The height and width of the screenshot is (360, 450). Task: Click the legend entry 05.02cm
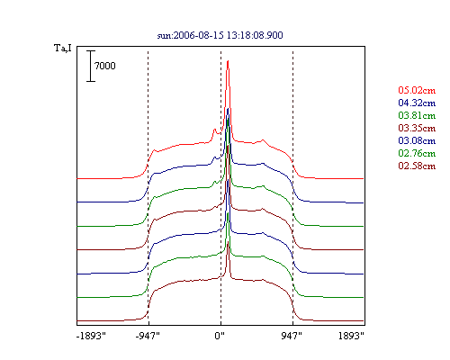(417, 90)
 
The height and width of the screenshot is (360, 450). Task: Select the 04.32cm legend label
(417, 103)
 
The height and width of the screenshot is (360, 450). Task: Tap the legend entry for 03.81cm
(417, 115)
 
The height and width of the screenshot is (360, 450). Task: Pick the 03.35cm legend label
(417, 128)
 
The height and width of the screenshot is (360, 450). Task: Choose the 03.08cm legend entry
(417, 140)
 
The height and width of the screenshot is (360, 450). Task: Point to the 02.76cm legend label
(417, 153)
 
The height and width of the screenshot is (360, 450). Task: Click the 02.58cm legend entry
(417, 166)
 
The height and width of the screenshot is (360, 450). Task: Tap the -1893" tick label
(91, 336)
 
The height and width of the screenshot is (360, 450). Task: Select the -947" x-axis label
(148, 336)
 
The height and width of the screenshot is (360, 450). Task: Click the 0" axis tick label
(220, 336)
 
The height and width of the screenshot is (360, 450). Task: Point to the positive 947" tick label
(292, 336)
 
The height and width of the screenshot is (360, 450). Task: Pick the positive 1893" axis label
(351, 336)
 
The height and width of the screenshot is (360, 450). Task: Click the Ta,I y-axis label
(63, 49)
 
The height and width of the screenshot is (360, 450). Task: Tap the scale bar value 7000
(105, 66)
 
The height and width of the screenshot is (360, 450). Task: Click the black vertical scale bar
(91, 66)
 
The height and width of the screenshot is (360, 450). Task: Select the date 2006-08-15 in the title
(199, 35)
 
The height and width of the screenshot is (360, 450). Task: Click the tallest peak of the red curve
(228, 61)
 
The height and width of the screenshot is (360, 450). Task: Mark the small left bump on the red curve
(214, 130)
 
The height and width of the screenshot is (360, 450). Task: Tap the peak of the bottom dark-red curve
(229, 242)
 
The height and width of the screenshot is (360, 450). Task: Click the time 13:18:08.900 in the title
(255, 35)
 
